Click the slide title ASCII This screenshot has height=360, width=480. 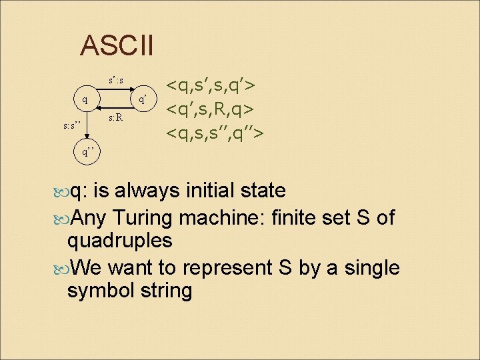pos(117,46)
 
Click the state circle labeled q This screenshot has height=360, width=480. pos(83,100)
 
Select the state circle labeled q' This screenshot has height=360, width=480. pos(143,100)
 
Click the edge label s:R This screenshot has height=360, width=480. pos(115,118)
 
